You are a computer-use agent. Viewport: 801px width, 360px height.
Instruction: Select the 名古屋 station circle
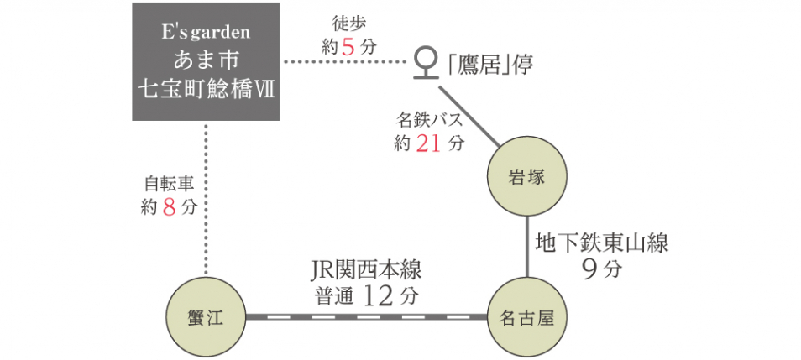[527, 317]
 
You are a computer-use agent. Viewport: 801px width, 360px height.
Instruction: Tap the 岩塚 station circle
[527, 177]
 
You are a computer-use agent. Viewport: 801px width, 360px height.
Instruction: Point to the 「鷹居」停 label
[491, 62]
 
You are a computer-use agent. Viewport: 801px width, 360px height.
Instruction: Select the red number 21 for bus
[428, 143]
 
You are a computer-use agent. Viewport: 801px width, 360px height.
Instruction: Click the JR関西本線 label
[365, 270]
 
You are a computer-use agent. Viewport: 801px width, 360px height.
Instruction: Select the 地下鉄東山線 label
[602, 243]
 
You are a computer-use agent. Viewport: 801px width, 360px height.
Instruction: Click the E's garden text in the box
[206, 36]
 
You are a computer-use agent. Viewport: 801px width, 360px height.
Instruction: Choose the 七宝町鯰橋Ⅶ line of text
[206, 88]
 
